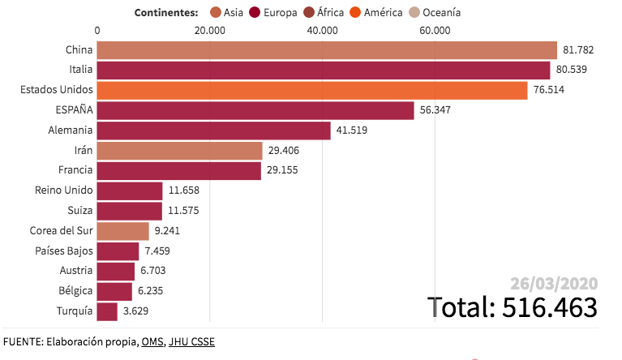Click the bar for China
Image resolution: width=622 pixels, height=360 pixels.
click(x=327, y=50)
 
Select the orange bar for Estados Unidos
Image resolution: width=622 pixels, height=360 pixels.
click(x=312, y=90)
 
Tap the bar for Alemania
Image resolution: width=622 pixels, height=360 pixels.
click(x=213, y=130)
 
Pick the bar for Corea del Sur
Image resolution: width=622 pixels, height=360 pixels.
click(x=122, y=231)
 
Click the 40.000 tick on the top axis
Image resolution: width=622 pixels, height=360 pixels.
click(x=323, y=31)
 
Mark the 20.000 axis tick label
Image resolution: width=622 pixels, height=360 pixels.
click(x=210, y=31)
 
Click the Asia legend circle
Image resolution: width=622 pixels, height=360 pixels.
click(x=216, y=12)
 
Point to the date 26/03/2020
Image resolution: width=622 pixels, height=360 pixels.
click(x=554, y=283)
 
